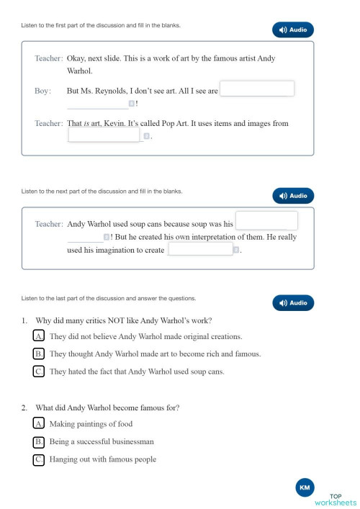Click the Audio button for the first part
pos(293,30)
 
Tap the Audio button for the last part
pos(293,303)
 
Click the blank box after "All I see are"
pos(257,89)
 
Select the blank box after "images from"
pos(104,135)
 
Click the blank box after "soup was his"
pos(266,220)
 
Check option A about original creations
pos(39,336)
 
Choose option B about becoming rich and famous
pos(39,353)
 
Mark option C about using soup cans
pos(39,371)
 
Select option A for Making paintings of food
pos(39,424)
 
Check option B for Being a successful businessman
pos(39,441)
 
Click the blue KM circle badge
pos(305,487)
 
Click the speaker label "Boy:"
pos(42,92)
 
